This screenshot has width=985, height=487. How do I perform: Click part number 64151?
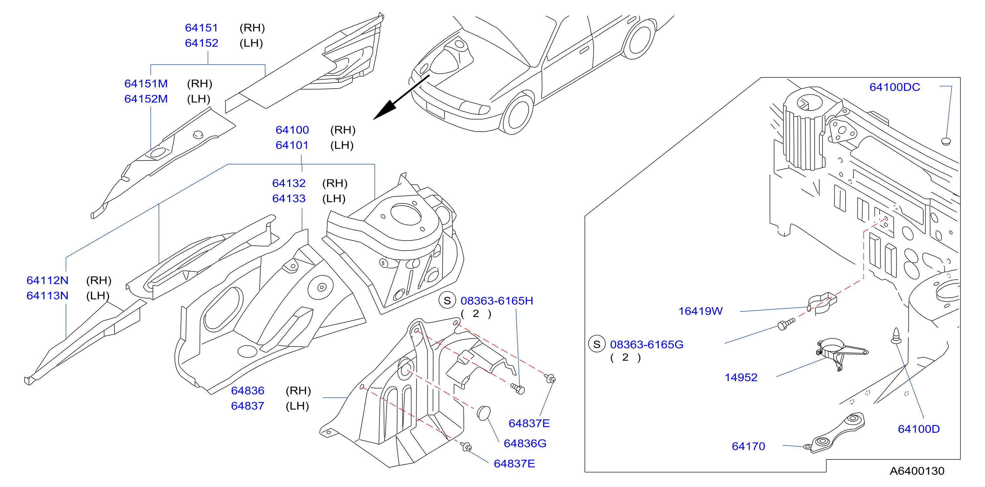201,28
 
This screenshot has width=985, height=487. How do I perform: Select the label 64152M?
146,99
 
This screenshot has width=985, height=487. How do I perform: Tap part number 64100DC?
895,87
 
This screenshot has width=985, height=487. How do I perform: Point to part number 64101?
292,145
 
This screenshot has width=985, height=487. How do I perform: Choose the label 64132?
289,183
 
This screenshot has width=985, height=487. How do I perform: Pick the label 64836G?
525,443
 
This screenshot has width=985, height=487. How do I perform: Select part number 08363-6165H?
497,301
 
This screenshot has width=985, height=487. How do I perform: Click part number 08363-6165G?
647,345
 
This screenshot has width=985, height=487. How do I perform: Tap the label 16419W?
700,311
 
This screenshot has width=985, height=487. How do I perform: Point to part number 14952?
741,378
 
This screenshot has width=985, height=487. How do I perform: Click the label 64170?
748,447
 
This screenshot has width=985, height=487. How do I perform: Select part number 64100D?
919,429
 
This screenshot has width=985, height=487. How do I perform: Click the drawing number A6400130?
917,471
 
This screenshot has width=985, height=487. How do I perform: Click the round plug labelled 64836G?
484,413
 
